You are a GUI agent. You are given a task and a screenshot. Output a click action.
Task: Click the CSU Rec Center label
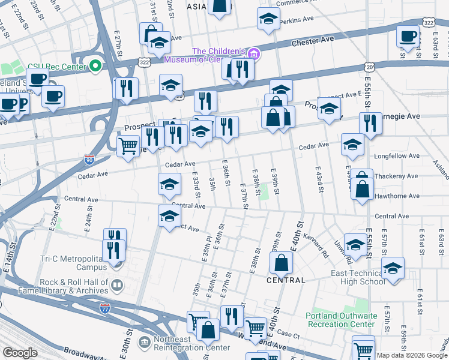click(57, 65)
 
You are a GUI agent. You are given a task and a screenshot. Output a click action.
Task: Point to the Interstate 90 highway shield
click(89, 160)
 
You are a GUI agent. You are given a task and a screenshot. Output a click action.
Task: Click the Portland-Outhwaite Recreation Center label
click(340, 320)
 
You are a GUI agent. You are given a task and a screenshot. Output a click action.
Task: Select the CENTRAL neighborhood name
click(286, 280)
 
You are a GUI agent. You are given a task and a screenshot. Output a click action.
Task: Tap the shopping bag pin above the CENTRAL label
click(281, 262)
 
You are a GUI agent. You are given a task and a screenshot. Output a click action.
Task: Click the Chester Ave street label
click(312, 43)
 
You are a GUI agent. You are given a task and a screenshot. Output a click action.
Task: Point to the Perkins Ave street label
click(300, 19)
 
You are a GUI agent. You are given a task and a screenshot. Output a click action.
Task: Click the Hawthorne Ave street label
click(396, 196)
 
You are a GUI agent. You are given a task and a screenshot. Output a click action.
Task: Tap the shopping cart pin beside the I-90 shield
click(128, 145)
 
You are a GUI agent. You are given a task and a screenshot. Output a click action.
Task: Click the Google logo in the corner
click(20, 352)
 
